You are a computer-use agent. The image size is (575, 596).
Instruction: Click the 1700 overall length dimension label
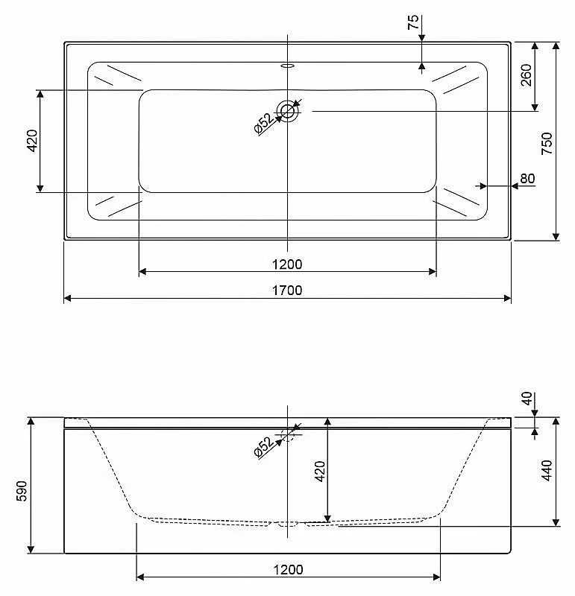click(287, 291)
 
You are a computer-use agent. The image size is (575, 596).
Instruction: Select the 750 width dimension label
click(547, 143)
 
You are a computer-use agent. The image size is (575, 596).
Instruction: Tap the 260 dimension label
click(526, 75)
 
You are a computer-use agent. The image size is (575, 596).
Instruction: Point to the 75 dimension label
click(413, 22)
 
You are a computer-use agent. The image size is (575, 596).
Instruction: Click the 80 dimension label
click(527, 178)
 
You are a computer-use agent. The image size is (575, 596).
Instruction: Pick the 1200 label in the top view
click(287, 264)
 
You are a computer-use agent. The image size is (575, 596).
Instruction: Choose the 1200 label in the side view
click(288, 570)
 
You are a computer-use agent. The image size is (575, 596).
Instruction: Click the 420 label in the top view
click(33, 141)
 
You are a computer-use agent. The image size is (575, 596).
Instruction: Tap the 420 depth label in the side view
click(320, 472)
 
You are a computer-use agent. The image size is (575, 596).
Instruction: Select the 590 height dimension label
click(22, 491)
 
